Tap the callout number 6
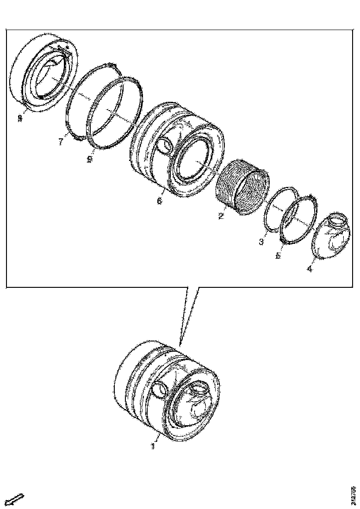click(159, 201)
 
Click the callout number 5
click(278, 255)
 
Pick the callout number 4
click(310, 268)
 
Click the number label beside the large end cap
click(20, 119)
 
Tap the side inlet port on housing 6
click(164, 146)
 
